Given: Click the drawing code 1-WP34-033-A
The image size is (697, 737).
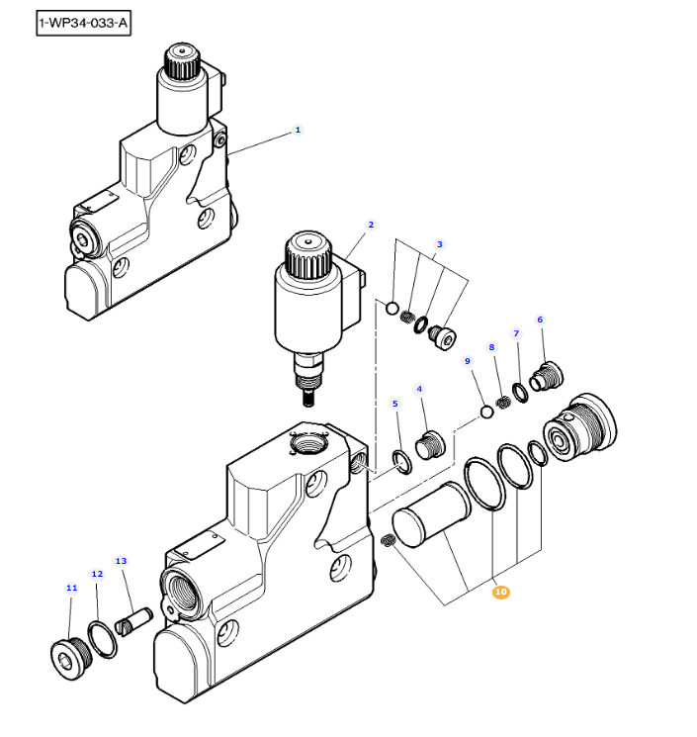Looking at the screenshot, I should [x=83, y=23].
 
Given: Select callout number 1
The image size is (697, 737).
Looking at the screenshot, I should [x=298, y=130].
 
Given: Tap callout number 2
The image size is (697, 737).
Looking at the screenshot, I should [x=371, y=225].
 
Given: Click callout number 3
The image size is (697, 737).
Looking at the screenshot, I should [x=440, y=244].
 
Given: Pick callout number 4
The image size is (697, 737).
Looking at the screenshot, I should [x=419, y=389].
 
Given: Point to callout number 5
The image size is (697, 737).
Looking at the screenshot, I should [x=395, y=404].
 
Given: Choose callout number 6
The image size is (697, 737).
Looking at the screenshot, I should [x=540, y=320].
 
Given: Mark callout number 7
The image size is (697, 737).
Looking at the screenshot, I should [x=515, y=333].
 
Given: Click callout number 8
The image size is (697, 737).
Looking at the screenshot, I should [x=491, y=347].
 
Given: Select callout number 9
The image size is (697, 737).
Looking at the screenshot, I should [x=469, y=362].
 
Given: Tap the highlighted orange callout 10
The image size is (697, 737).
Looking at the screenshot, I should [x=500, y=592].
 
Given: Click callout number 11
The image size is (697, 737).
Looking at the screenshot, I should [x=71, y=588].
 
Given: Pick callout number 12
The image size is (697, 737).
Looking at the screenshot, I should [x=97, y=574].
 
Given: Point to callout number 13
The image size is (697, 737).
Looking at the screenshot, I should [x=122, y=562].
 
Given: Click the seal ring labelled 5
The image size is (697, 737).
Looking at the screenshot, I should [x=402, y=460].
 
